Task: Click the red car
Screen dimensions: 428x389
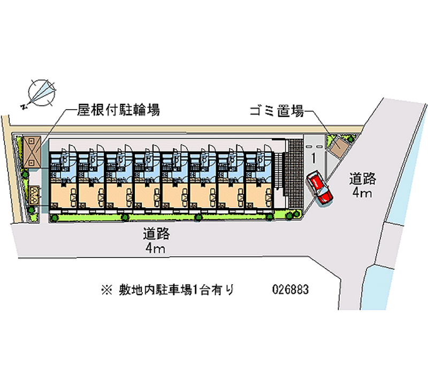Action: [x=319, y=188]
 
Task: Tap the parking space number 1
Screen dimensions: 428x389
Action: [x=313, y=158]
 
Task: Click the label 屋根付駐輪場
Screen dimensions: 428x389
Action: [x=118, y=111]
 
